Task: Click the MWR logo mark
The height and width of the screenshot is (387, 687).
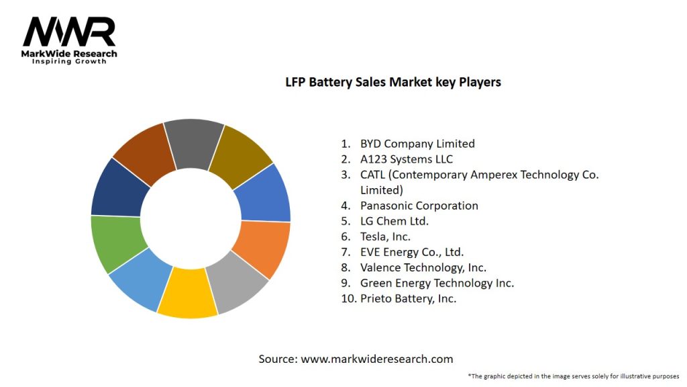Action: (x=69, y=32)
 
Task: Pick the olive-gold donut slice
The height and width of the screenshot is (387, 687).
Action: (x=240, y=152)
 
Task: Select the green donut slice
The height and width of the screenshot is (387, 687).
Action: (x=117, y=243)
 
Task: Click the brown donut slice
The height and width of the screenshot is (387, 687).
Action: (x=144, y=152)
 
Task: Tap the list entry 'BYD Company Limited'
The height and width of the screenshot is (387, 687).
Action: (x=417, y=143)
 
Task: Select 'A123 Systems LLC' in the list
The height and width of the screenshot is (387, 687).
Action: (x=407, y=159)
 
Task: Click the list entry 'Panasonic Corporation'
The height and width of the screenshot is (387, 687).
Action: (x=419, y=206)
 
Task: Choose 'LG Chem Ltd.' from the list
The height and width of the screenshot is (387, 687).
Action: (x=394, y=221)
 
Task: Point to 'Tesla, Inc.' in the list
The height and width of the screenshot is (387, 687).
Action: (x=385, y=236)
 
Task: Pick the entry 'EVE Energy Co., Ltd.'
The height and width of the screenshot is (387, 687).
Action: (x=412, y=252)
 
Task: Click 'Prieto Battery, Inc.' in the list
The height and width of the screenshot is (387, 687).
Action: (x=408, y=298)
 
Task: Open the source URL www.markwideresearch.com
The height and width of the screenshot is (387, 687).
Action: (x=377, y=359)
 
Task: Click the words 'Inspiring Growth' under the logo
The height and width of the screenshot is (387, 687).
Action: (x=70, y=62)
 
